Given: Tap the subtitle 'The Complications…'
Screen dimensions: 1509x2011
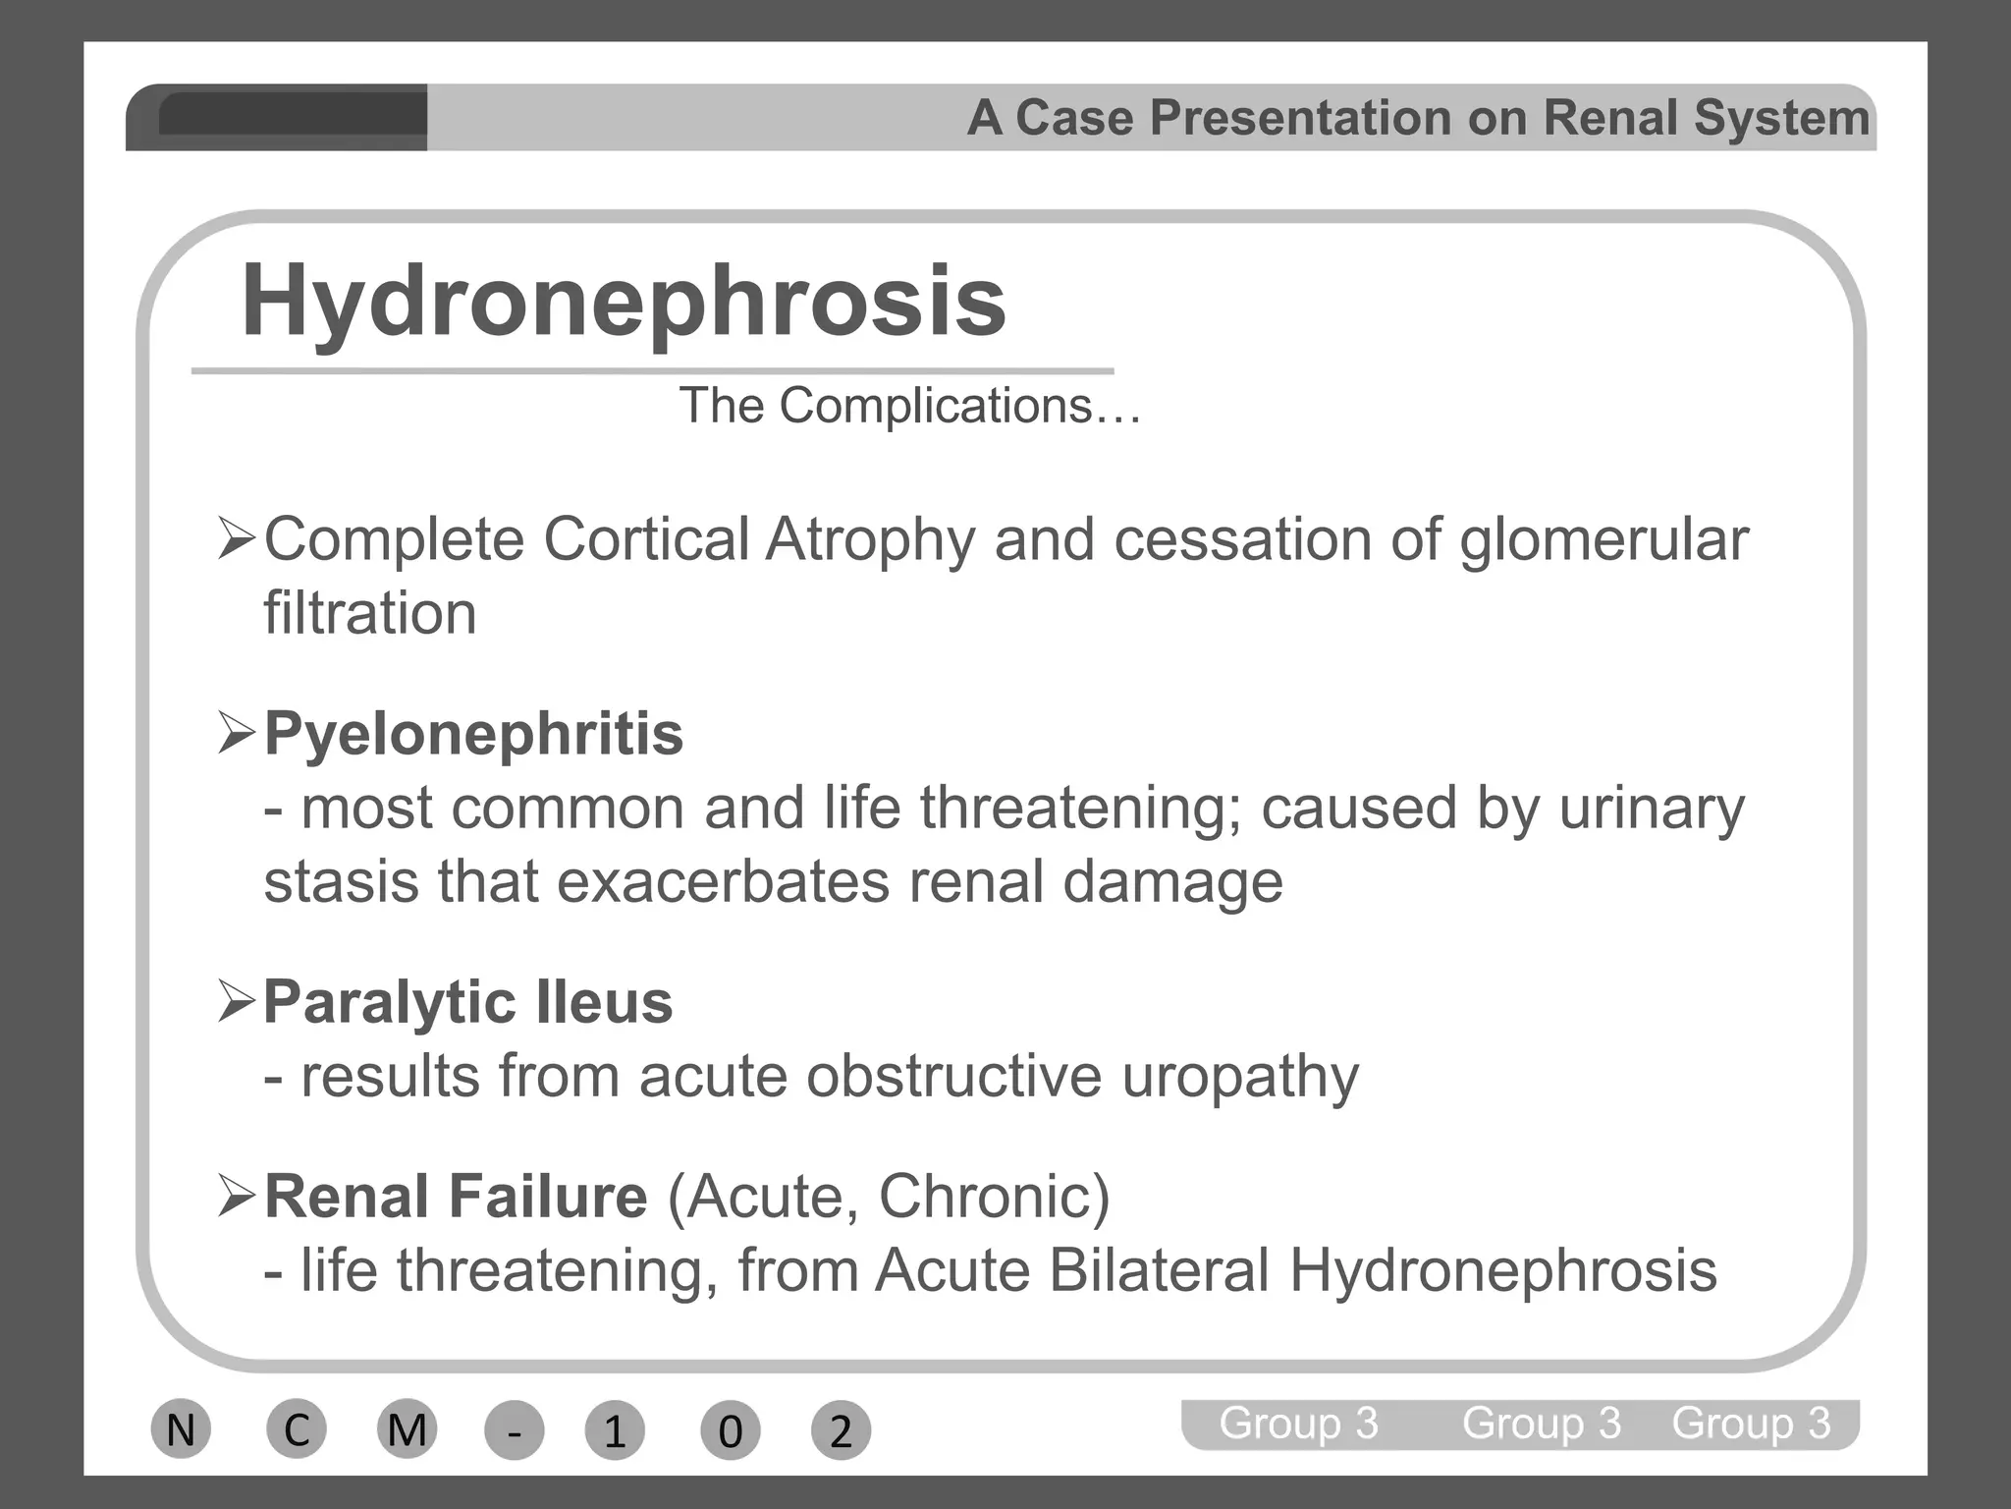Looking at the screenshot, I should pyautogui.click(x=909, y=406).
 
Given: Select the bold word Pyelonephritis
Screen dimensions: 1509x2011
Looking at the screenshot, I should pyautogui.click(x=473, y=734).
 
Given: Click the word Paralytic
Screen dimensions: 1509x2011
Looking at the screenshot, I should pyautogui.click(x=389, y=1003).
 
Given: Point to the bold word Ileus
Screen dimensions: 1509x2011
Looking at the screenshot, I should pyautogui.click(x=604, y=1002).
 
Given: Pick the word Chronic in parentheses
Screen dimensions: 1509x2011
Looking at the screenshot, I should pyautogui.click(x=992, y=1197).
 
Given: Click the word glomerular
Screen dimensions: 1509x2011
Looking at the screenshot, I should pyautogui.click(x=1603, y=540).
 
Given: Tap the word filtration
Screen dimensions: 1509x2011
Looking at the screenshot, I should pyautogui.click(x=370, y=613).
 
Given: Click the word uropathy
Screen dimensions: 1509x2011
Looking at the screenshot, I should pyautogui.click(x=1240, y=1077).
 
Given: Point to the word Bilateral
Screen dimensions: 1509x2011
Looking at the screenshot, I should pyautogui.click(x=1159, y=1270).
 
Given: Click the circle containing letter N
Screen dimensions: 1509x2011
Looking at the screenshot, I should pyautogui.click(x=181, y=1429).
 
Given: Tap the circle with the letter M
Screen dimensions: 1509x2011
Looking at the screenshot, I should pyautogui.click(x=407, y=1429).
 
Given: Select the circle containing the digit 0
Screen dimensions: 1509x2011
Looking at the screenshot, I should pyautogui.click(x=730, y=1431).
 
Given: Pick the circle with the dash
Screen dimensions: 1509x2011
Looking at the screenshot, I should pyautogui.click(x=514, y=1431).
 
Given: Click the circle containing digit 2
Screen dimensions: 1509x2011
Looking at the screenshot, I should pyautogui.click(x=841, y=1431).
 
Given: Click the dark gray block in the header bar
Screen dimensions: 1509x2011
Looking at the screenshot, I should pyautogui.click(x=292, y=115).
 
